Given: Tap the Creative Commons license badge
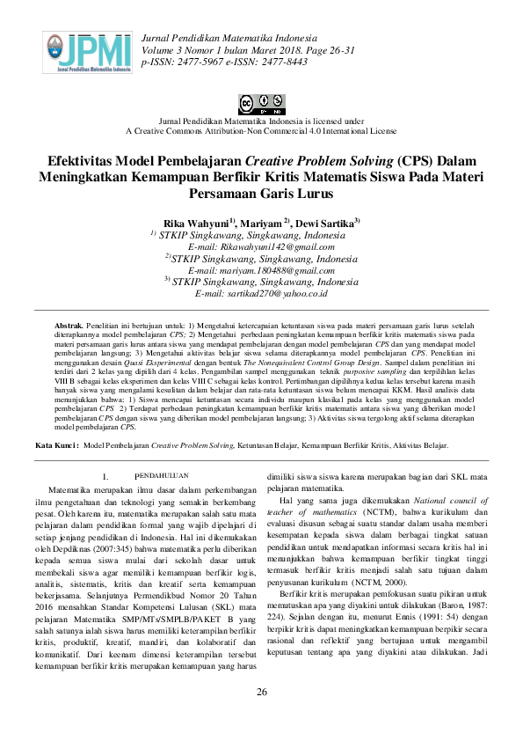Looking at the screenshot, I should point(261,103).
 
